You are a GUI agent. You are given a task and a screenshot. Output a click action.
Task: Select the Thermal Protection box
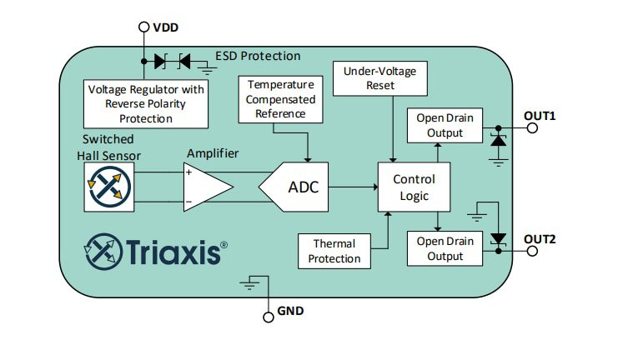[x=334, y=251]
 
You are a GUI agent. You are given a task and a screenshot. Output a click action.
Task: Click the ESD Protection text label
[x=258, y=57]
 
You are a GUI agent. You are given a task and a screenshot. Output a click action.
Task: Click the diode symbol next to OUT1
[x=499, y=140]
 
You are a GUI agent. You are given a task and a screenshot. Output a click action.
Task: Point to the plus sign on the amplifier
[x=189, y=173]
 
